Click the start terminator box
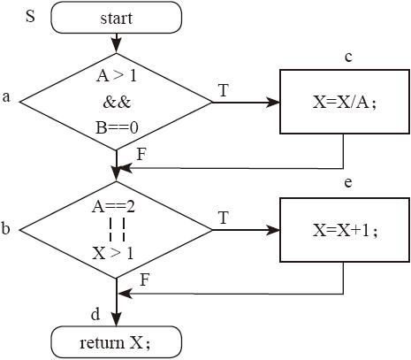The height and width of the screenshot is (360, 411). click(117, 18)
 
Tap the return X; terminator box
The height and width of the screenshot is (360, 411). click(117, 342)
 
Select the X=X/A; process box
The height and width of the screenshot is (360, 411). click(345, 102)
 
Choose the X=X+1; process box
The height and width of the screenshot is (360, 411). click(345, 230)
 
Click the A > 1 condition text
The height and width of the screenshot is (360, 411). click(117, 76)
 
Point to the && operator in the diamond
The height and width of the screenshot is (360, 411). click(117, 102)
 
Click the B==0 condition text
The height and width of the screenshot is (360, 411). click(117, 128)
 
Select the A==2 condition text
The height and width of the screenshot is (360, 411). click(113, 207)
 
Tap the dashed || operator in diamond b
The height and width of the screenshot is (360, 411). click(117, 229)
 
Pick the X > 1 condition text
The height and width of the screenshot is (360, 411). click(113, 253)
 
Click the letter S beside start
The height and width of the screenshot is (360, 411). click(30, 16)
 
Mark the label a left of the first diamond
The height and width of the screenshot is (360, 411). click(6, 96)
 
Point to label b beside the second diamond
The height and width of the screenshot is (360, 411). click(5, 227)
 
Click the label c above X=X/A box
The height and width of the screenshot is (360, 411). click(348, 57)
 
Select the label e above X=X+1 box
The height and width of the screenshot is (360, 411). click(348, 183)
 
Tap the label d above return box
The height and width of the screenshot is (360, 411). click(95, 314)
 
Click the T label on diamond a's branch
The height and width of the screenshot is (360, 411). click(224, 90)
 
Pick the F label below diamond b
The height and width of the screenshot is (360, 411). click(144, 280)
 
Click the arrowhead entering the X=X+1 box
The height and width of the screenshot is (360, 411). click(272, 230)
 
